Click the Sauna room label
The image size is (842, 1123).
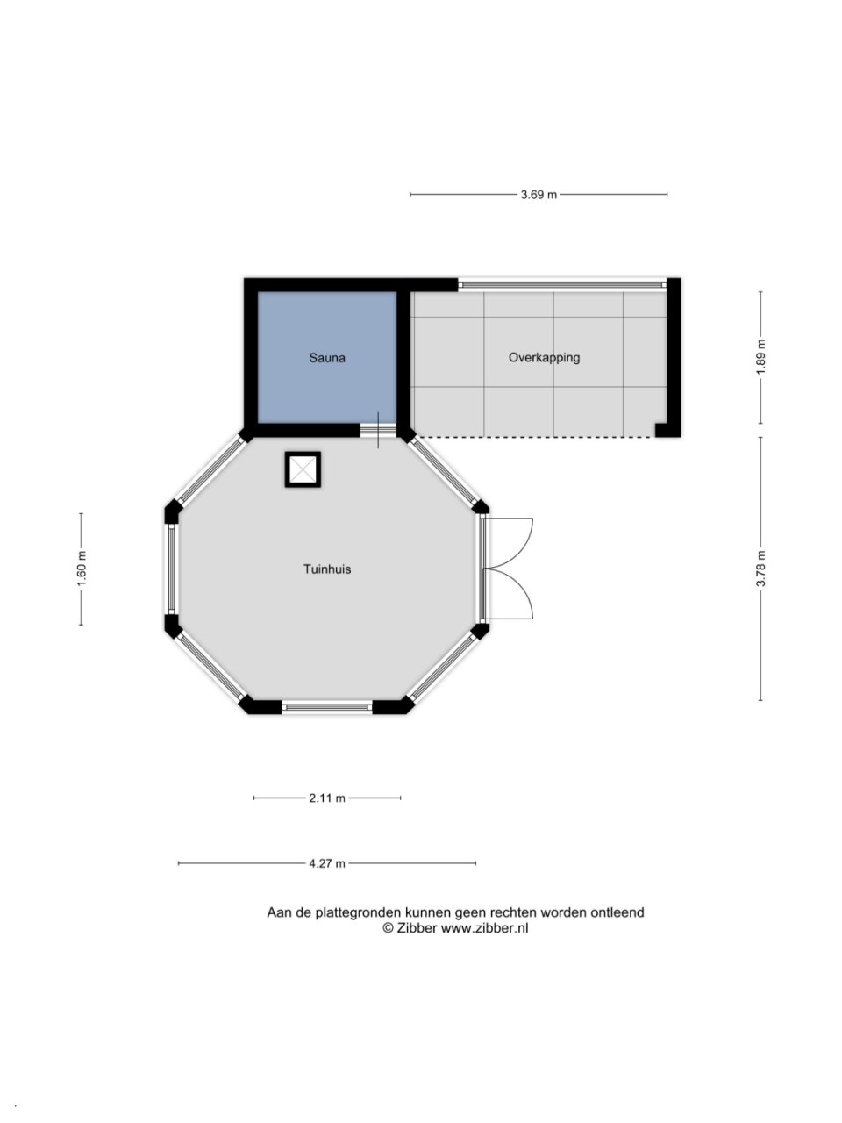point(326,358)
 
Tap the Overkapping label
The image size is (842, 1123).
point(544,357)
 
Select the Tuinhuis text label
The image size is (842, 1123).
point(327,569)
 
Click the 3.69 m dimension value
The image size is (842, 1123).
point(539,195)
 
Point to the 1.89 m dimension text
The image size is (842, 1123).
point(761,357)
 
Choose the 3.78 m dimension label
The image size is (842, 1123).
point(761,569)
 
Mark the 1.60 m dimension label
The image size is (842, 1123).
point(82,569)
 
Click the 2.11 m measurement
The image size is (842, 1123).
point(327,798)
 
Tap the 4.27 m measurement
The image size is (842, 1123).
point(327,863)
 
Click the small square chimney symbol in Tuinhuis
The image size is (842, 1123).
point(303,469)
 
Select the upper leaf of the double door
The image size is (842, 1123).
point(510,543)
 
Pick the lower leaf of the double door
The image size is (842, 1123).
point(510,594)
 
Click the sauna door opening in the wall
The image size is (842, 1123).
point(378,430)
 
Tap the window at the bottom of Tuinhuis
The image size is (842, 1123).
point(327,707)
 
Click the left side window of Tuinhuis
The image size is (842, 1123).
point(171,569)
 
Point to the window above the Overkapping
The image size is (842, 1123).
point(562,284)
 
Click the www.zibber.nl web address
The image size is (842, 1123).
point(484,928)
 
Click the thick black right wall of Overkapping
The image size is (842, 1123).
point(674,358)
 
